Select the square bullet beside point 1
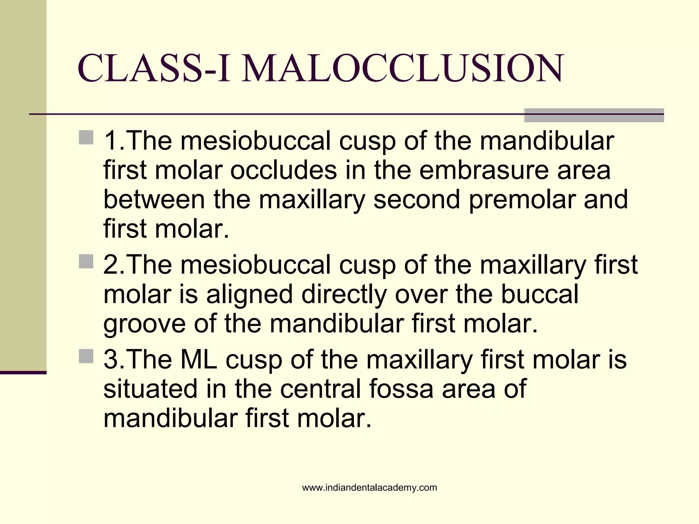click(86, 137)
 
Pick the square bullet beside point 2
click(86, 262)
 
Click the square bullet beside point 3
click(86, 356)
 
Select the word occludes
click(283, 170)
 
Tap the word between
click(154, 200)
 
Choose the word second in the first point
click(416, 200)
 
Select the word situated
click(151, 389)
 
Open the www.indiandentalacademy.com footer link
click(369, 488)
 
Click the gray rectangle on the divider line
click(594, 115)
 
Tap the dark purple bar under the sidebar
click(23, 373)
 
